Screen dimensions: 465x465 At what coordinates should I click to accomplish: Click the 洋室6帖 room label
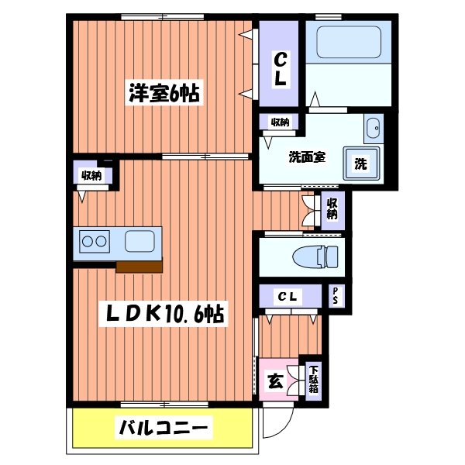[x=164, y=95]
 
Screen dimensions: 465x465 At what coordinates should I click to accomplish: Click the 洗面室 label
[x=307, y=155]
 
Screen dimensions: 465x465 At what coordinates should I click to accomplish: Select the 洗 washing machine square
[x=361, y=164]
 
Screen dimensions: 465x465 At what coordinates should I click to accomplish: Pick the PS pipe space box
[x=335, y=295]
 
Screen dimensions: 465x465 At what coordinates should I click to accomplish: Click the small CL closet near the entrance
[x=288, y=296]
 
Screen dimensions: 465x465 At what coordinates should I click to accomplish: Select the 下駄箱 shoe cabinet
[x=314, y=380]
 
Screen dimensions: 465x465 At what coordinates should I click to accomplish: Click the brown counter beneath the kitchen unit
[x=139, y=267]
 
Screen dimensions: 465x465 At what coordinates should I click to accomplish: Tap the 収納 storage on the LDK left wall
[x=92, y=175]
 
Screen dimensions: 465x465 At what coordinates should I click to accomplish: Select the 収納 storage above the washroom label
[x=279, y=122]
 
